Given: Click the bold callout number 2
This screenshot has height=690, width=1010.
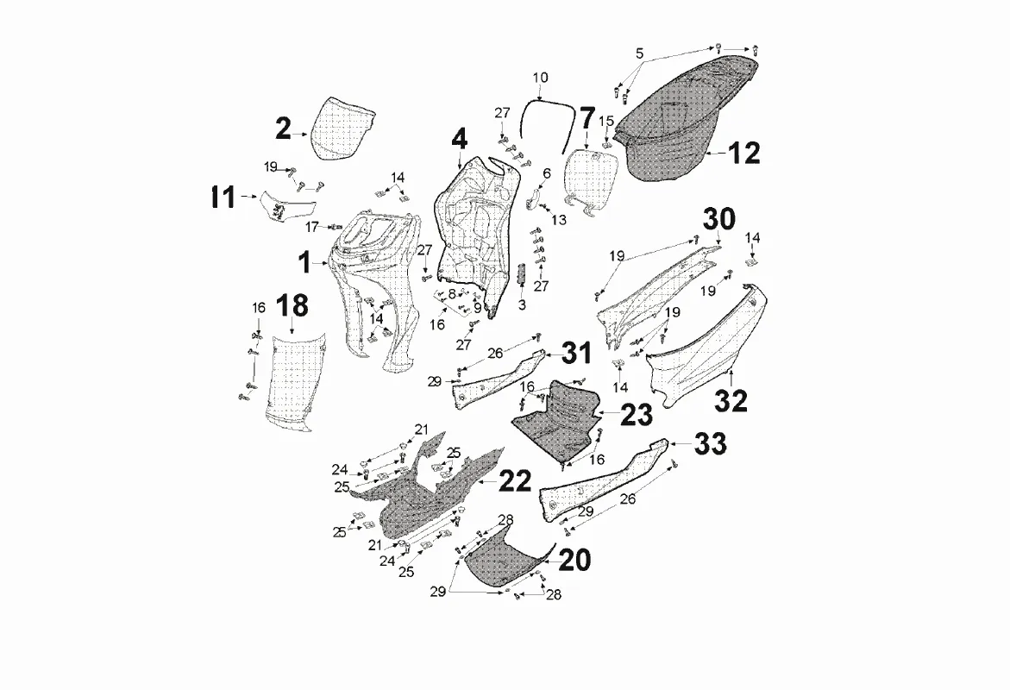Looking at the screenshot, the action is pyautogui.click(x=283, y=129).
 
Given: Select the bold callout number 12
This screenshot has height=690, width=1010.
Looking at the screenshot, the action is pyautogui.click(x=744, y=153).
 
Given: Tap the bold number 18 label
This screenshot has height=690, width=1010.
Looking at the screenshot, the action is pyautogui.click(x=292, y=306).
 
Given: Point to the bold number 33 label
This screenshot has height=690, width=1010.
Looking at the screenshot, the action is pyautogui.click(x=710, y=444).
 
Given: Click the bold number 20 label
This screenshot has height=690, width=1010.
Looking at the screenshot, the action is pyautogui.click(x=574, y=560).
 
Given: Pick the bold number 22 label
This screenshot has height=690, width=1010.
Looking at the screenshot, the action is pyautogui.click(x=515, y=480).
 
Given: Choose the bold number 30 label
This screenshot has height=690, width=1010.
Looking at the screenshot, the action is pyautogui.click(x=718, y=219).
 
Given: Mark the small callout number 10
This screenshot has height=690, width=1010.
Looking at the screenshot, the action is pyautogui.click(x=541, y=78).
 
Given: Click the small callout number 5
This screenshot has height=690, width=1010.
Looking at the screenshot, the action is pyautogui.click(x=640, y=53).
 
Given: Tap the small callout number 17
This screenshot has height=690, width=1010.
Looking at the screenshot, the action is pyautogui.click(x=312, y=227).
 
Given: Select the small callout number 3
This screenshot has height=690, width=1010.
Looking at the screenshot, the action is pyautogui.click(x=522, y=304).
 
